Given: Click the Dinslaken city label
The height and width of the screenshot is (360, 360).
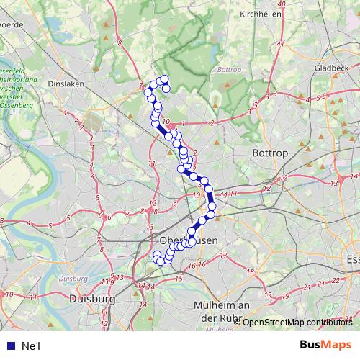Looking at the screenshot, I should tap(66, 84).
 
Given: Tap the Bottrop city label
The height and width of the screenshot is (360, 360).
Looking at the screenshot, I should tap(271, 153).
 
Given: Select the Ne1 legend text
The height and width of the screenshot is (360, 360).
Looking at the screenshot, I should tap(32, 346).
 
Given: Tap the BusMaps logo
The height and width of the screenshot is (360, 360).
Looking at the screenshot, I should tap(325, 345).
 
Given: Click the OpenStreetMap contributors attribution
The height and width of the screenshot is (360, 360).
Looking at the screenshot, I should tap(297, 322).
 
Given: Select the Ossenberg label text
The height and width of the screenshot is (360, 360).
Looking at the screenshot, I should tap(17, 106).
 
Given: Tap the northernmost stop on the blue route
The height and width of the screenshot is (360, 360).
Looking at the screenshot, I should tap(164, 78).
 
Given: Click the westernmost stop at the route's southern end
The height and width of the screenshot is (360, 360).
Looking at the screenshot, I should tap(156, 255).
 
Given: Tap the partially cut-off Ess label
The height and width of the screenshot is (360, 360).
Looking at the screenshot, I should tap(352, 259).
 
